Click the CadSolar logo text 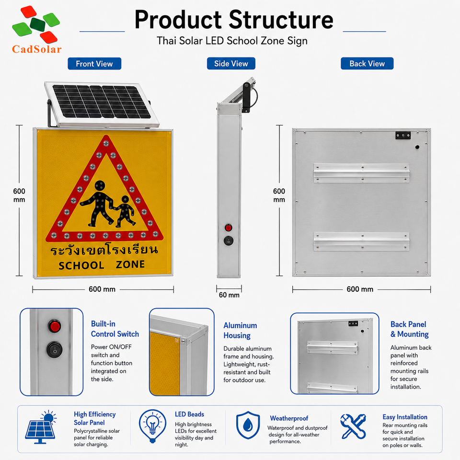(x=37, y=49)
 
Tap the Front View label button (x=94, y=64)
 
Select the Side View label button (x=231, y=63)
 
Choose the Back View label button (x=367, y=63)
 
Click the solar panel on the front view (x=102, y=104)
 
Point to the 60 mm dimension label (x=229, y=295)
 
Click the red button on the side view (x=228, y=228)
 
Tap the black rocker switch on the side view (x=229, y=241)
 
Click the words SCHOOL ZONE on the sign (x=102, y=265)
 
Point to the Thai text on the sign (x=104, y=250)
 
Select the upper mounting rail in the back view (x=361, y=173)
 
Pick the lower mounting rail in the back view (x=361, y=241)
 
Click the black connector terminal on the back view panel (x=403, y=135)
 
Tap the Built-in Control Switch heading (x=115, y=329)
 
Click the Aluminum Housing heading (x=240, y=330)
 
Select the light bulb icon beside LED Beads (x=152, y=426)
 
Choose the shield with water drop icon (x=248, y=425)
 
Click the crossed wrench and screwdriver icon (x=353, y=426)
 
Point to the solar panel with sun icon (x=41, y=427)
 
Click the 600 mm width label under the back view (x=360, y=289)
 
